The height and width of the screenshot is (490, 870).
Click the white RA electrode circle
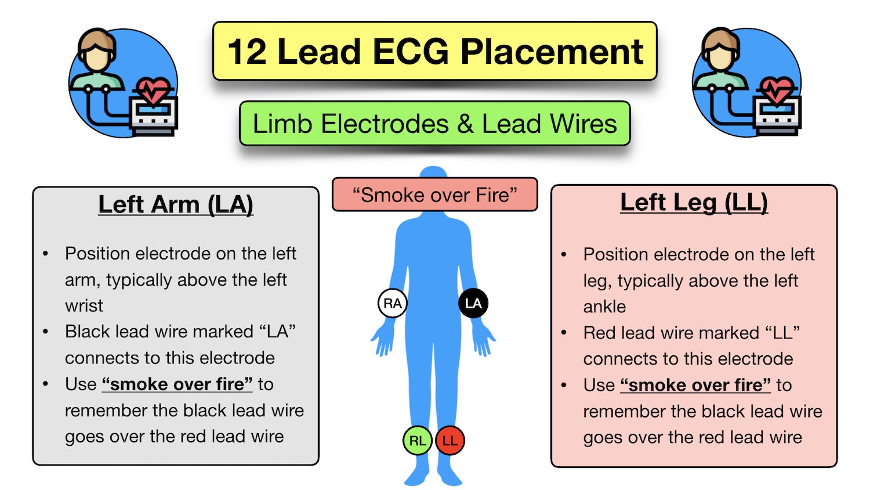[x=393, y=303]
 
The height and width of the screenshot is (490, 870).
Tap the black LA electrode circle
[x=473, y=303]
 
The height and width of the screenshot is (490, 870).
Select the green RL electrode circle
[x=418, y=441]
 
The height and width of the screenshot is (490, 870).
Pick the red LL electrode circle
[x=450, y=441]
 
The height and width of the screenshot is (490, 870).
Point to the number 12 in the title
[x=246, y=52]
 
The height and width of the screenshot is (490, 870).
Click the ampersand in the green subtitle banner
[x=465, y=124]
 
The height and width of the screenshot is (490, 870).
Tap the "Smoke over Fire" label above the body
[x=434, y=195]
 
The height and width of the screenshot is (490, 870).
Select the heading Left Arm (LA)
[x=176, y=204]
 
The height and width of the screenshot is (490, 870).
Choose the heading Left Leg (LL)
[x=694, y=203]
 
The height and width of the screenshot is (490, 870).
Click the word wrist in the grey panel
[x=84, y=305]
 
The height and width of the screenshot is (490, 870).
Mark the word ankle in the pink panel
[x=604, y=307]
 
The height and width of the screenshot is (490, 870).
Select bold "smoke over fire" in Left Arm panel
[x=177, y=384]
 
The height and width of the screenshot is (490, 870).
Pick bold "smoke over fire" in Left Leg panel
[x=695, y=385]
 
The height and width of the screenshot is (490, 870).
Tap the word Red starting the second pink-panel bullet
[x=599, y=333]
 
